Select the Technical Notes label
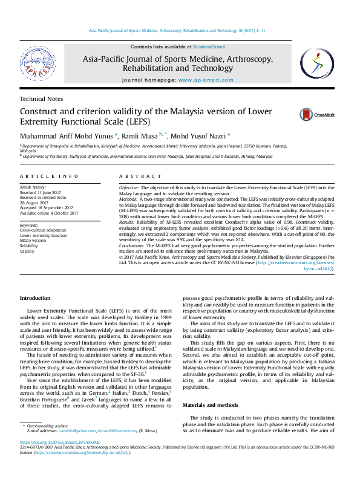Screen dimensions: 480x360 pos(41,99)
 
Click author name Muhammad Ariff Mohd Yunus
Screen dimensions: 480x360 pos(67,135)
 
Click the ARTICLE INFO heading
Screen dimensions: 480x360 pos(49,176)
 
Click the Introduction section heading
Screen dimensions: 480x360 pos(36,299)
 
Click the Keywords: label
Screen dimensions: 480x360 pos(29,225)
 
